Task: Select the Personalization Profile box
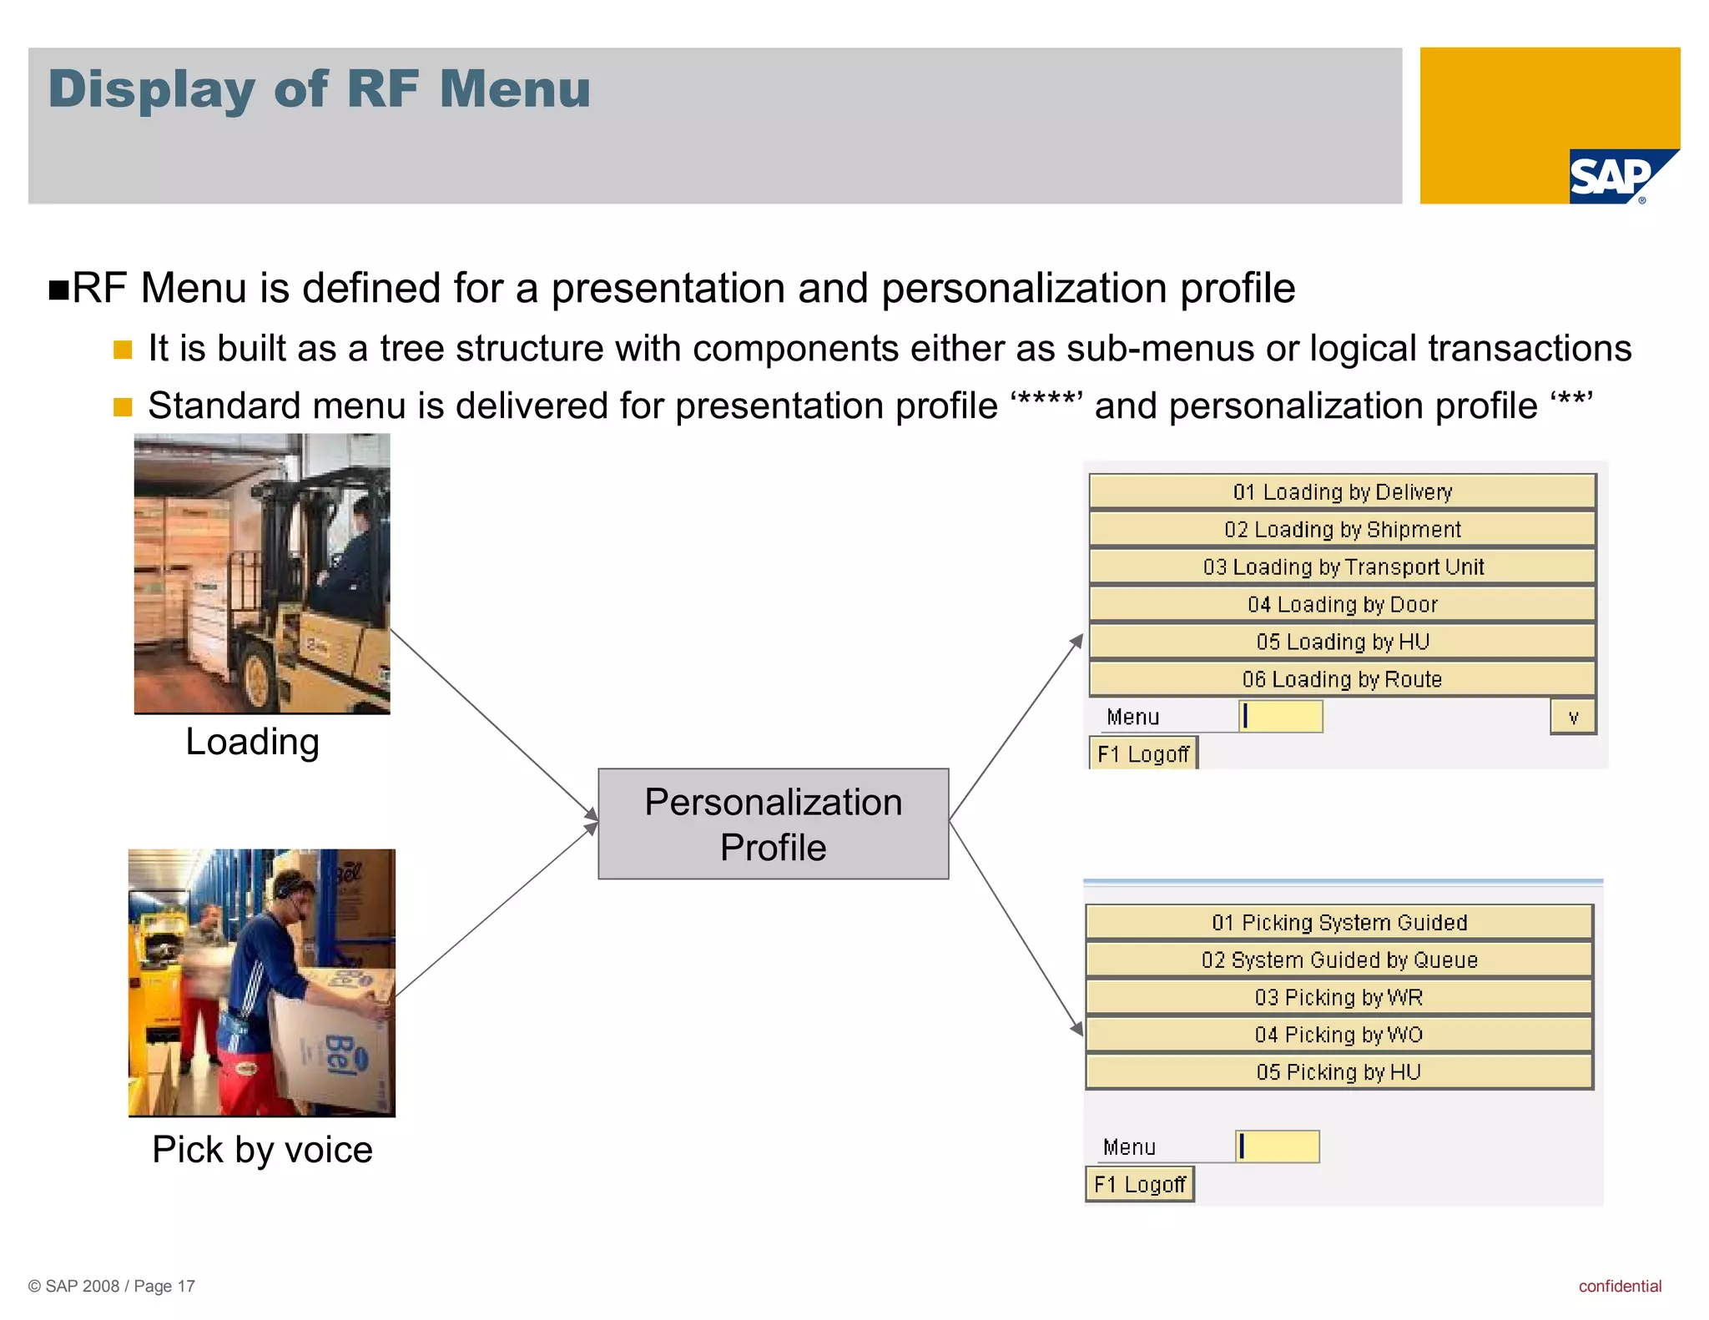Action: click(x=773, y=824)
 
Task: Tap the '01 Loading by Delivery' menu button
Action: click(x=1342, y=491)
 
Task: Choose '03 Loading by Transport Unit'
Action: click(x=1342, y=567)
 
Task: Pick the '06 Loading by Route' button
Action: click(x=1342, y=679)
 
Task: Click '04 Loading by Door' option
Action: click(x=1342, y=604)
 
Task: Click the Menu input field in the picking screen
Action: click(x=1278, y=1146)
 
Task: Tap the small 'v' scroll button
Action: click(x=1573, y=717)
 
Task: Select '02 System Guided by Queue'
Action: click(x=1338, y=960)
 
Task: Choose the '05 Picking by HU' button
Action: click(x=1338, y=1072)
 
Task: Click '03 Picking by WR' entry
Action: click(x=1338, y=997)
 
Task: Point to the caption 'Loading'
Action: click(x=252, y=742)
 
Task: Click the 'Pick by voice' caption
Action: click(x=262, y=1150)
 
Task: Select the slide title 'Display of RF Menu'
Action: click(x=319, y=89)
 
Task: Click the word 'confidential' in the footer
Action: click(x=1619, y=1286)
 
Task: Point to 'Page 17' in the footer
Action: click(x=164, y=1286)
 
